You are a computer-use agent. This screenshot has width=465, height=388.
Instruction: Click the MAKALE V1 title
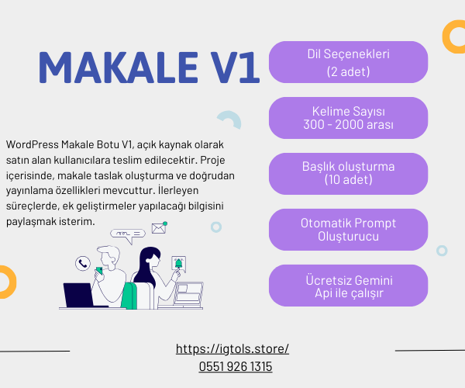[149, 68]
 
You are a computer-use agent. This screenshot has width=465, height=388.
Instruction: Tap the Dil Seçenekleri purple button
[348, 62]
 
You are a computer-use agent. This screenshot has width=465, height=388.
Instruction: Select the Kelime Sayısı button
[348, 118]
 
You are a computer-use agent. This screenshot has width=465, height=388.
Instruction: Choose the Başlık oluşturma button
[348, 174]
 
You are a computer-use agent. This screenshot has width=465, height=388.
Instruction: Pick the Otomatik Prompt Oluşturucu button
[348, 230]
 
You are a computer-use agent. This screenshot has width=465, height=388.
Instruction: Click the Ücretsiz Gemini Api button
[348, 286]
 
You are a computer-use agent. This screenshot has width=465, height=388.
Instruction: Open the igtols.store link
[232, 349]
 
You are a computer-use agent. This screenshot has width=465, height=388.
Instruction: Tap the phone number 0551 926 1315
[236, 366]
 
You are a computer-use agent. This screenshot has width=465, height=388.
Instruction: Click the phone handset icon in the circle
[83, 263]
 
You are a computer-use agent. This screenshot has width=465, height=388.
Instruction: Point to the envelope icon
[159, 228]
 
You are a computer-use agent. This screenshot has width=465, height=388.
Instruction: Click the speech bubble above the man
[128, 235]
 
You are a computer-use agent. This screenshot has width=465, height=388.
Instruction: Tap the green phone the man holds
[99, 271]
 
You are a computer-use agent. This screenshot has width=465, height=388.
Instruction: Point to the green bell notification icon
[178, 263]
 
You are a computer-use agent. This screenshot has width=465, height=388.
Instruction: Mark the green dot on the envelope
[165, 223]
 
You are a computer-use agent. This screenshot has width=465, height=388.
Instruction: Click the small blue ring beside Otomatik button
[442, 251]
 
